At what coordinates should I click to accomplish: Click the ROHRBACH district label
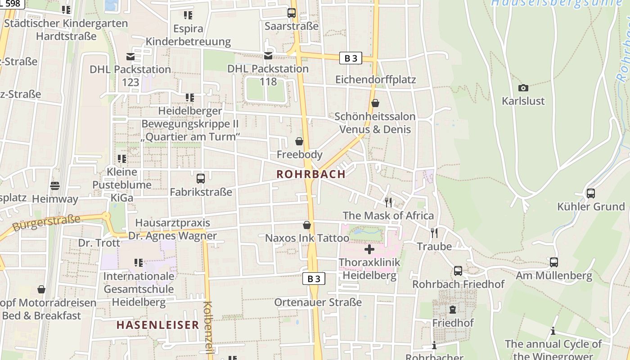tap(311, 174)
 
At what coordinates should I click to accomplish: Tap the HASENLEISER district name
tap(157, 324)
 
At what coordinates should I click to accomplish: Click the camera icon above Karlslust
tap(523, 88)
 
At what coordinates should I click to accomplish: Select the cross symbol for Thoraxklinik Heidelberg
tap(369, 249)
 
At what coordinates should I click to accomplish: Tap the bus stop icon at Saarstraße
tap(292, 13)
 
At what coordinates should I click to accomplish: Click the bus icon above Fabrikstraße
tap(201, 178)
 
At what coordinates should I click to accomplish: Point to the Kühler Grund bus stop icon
tap(590, 193)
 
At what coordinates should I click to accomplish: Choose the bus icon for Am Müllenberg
tap(554, 262)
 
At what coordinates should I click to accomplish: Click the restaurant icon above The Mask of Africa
tap(388, 202)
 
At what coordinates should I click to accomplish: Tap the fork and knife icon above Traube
tap(434, 233)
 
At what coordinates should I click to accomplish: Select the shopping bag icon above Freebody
tap(299, 141)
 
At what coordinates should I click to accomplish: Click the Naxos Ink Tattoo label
tap(307, 238)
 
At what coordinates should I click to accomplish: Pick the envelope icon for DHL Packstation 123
tap(130, 56)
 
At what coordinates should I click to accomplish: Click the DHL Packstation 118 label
tap(268, 75)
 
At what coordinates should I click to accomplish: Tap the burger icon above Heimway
tap(55, 185)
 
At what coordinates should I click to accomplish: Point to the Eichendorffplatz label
tap(376, 80)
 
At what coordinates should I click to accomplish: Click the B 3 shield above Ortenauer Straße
tap(314, 279)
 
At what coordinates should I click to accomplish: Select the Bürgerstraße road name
tap(46, 222)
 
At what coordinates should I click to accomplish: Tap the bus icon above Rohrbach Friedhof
tap(458, 271)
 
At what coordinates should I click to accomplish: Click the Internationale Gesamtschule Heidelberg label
tap(139, 288)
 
